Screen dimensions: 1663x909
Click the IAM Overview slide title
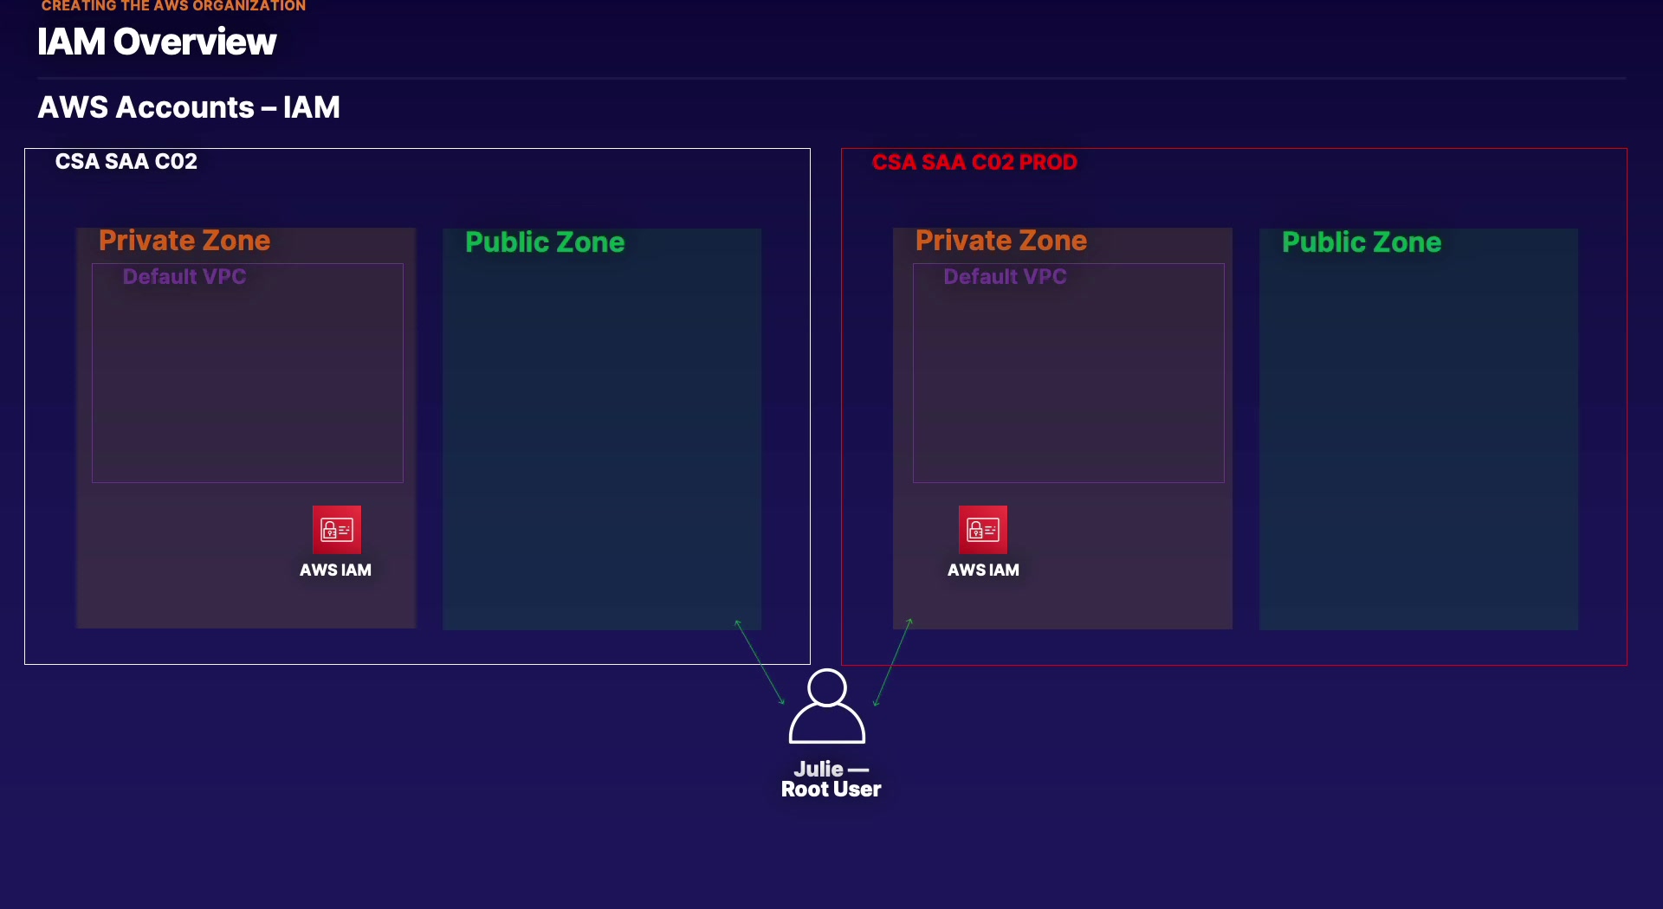(x=157, y=42)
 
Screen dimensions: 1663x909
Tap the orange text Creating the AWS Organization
(x=173, y=6)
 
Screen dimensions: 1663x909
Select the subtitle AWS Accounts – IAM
(x=189, y=107)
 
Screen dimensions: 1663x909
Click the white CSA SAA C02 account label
(x=126, y=162)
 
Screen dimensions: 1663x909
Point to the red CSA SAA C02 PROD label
(x=974, y=163)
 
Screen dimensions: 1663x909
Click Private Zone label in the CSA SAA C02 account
(x=184, y=241)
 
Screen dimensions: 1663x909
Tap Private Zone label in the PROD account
(x=1001, y=241)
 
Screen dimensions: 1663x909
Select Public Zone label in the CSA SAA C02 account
(x=545, y=242)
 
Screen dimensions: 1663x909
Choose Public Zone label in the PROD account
(x=1362, y=242)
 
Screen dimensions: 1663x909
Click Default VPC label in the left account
(x=184, y=277)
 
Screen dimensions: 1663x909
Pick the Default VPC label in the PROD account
(x=1005, y=277)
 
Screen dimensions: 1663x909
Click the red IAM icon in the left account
(x=337, y=529)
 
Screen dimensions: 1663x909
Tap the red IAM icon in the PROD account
(x=983, y=529)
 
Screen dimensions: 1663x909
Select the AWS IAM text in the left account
(x=335, y=571)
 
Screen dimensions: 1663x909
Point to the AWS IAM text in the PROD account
(x=983, y=571)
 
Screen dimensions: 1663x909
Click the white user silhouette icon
(x=827, y=706)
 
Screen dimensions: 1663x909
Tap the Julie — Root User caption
(x=831, y=779)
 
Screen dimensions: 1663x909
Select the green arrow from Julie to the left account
(x=760, y=662)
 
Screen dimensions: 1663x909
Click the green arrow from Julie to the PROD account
(x=893, y=662)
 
